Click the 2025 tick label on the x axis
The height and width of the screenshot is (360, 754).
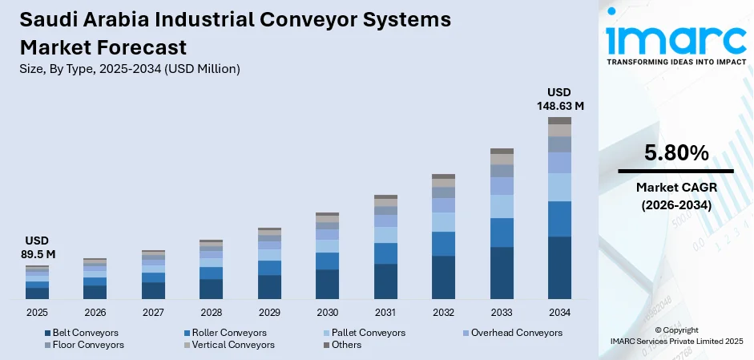pyautogui.click(x=37, y=313)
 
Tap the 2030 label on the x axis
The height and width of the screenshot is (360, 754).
pyautogui.click(x=327, y=313)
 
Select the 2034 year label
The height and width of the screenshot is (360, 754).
pyautogui.click(x=559, y=313)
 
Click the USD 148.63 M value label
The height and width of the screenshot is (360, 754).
pyautogui.click(x=559, y=99)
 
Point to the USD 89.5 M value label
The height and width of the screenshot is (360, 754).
pyautogui.click(x=37, y=247)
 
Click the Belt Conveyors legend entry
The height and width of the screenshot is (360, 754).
pyautogui.click(x=81, y=333)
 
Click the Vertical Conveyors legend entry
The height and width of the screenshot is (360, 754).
pyautogui.click(x=228, y=345)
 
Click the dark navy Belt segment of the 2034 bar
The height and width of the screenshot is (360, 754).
pyautogui.click(x=559, y=268)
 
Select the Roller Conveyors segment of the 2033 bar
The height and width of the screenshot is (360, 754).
pyautogui.click(x=502, y=233)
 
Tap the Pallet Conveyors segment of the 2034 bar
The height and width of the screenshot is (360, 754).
pyautogui.click(x=559, y=187)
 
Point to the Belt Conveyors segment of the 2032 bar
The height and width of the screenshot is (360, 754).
pyautogui.click(x=443, y=277)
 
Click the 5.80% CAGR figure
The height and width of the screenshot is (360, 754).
pyautogui.click(x=675, y=152)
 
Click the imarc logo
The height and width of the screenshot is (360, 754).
pyautogui.click(x=675, y=38)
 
